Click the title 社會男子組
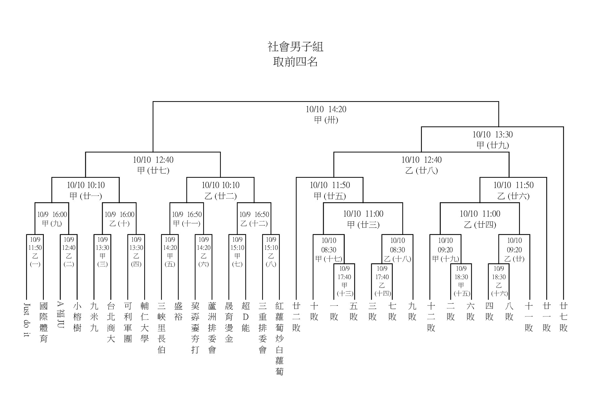pyautogui.click(x=295, y=47)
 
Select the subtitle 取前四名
pyautogui.click(x=295, y=62)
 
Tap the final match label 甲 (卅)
pyautogui.click(x=326, y=120)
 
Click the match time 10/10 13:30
pyautogui.click(x=492, y=135)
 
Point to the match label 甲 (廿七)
pyautogui.click(x=153, y=171)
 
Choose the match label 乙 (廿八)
pyautogui.click(x=421, y=171)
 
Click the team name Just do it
pyautogui.click(x=27, y=320)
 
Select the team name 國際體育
pyautogui.click(x=43, y=322)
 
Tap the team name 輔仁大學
pyautogui.click(x=145, y=322)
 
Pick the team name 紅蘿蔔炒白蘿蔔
pyautogui.click(x=279, y=338)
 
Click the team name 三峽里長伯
pyautogui.click(x=161, y=328)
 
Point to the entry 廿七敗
pyautogui.click(x=563, y=317)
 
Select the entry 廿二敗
pyautogui.click(x=296, y=317)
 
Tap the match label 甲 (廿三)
pyautogui.click(x=363, y=225)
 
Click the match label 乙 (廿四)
pyautogui.click(x=480, y=225)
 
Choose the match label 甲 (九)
pyautogui.click(x=52, y=223)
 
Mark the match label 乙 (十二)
pyautogui.click(x=254, y=223)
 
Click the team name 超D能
pyautogui.click(x=246, y=317)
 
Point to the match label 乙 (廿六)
pyautogui.click(x=513, y=196)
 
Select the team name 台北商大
pyautogui.click(x=111, y=322)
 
